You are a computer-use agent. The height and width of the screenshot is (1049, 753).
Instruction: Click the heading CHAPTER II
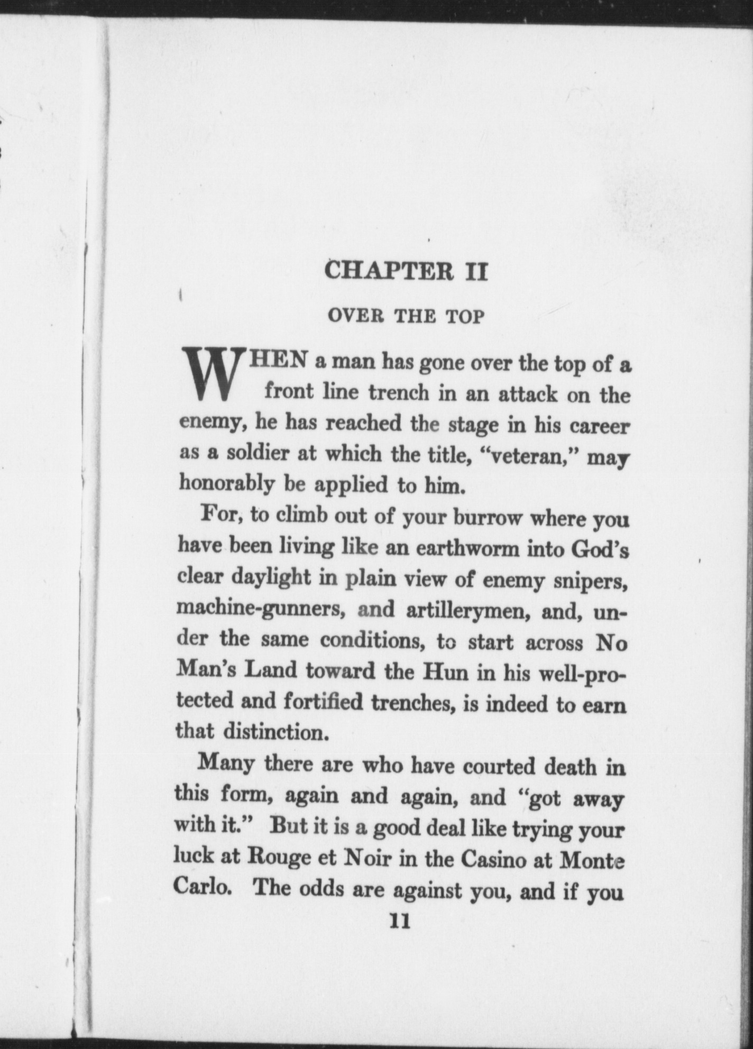point(406,271)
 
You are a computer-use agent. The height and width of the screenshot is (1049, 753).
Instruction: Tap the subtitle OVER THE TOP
point(406,316)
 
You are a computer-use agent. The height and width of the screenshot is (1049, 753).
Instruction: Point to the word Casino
point(494,858)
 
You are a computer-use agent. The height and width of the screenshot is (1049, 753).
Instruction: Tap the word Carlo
point(201,888)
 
